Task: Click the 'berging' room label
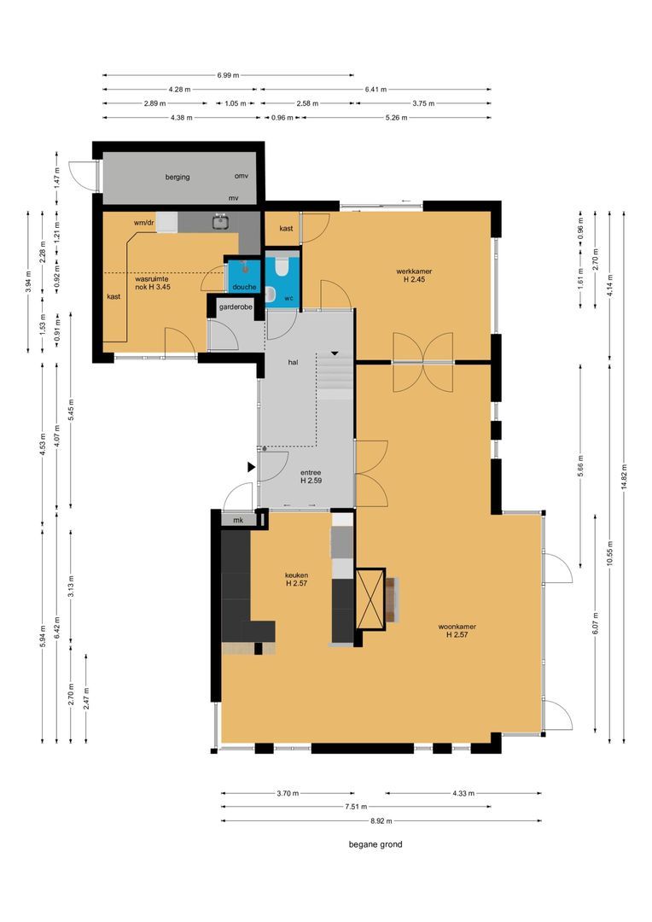click(177, 177)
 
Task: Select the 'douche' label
click(244, 287)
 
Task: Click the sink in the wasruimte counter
click(221, 222)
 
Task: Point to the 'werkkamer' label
click(414, 271)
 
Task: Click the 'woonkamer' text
click(457, 627)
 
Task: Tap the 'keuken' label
click(296, 575)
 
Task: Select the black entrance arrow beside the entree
click(251, 467)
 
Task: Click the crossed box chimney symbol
click(370, 598)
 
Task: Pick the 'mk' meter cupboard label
click(238, 521)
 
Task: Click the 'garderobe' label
click(236, 307)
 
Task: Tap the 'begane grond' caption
click(375, 844)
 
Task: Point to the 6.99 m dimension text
click(228, 75)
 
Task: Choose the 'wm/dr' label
click(144, 222)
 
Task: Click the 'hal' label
click(293, 362)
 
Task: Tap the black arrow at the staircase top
click(335, 353)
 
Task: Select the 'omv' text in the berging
click(241, 176)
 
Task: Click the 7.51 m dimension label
click(355, 807)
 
